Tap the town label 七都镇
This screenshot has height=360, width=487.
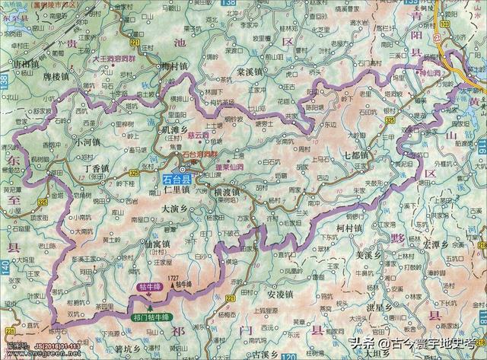tap(355, 155)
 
